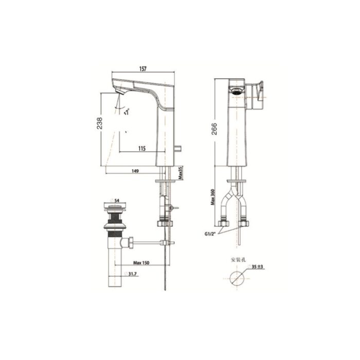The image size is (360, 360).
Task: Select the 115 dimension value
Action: click(142, 149)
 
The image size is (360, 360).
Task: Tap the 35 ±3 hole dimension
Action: click(257, 267)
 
